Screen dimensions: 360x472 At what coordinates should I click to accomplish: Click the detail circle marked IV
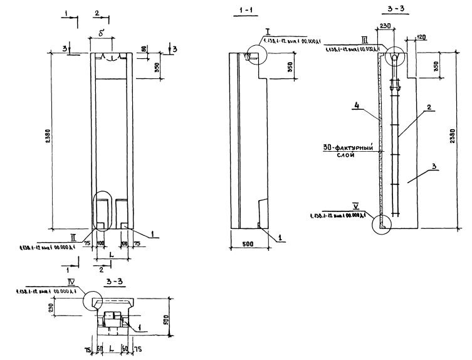94,302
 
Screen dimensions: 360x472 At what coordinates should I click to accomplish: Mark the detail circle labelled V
380,223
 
